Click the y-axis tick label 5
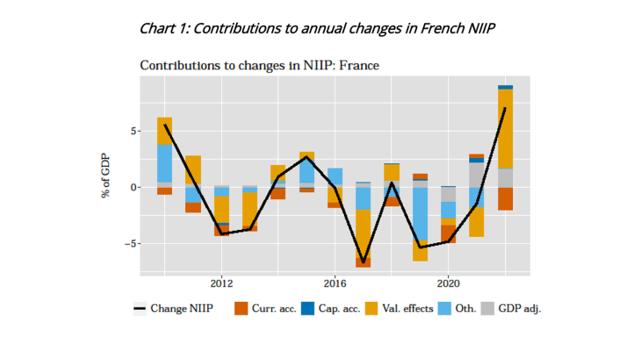(x=132, y=131)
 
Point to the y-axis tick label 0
(x=132, y=187)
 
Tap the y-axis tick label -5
(x=129, y=243)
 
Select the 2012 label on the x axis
(x=221, y=284)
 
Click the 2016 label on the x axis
(x=335, y=284)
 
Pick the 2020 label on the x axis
(x=449, y=284)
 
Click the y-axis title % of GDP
(x=105, y=173)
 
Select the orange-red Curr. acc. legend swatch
(x=241, y=309)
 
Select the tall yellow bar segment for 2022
(x=506, y=128)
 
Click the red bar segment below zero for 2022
(x=506, y=198)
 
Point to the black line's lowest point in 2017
(x=364, y=262)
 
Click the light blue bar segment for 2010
(x=164, y=163)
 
